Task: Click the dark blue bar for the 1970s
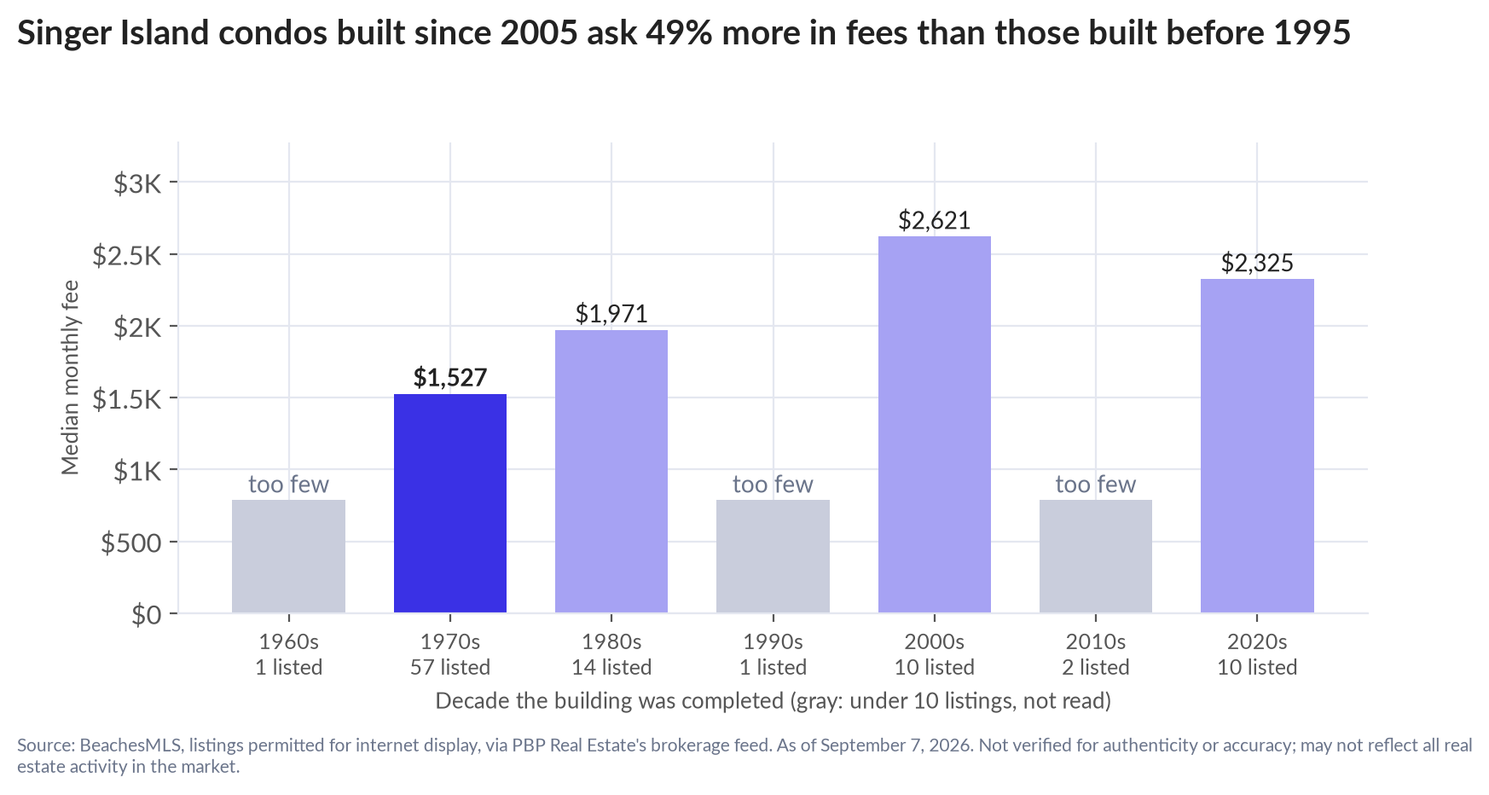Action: (449, 503)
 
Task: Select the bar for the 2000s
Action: (934, 425)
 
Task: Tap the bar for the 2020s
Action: (1257, 446)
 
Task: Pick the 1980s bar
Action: (611, 472)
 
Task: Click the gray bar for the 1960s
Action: (288, 556)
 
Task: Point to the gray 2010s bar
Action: (1096, 556)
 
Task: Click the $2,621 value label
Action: (934, 221)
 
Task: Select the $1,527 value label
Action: (449, 378)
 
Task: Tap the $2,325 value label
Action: (1257, 263)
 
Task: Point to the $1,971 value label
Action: (611, 314)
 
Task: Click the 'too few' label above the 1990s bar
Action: (773, 485)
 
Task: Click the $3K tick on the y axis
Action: (138, 183)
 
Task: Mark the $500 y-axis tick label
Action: (131, 543)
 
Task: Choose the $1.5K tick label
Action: (127, 398)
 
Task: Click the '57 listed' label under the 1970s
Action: (450, 667)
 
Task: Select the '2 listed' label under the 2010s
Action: (1096, 667)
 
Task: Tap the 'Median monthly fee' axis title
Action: (70, 377)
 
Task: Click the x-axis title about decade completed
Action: (773, 701)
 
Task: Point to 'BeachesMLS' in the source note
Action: (130, 745)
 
